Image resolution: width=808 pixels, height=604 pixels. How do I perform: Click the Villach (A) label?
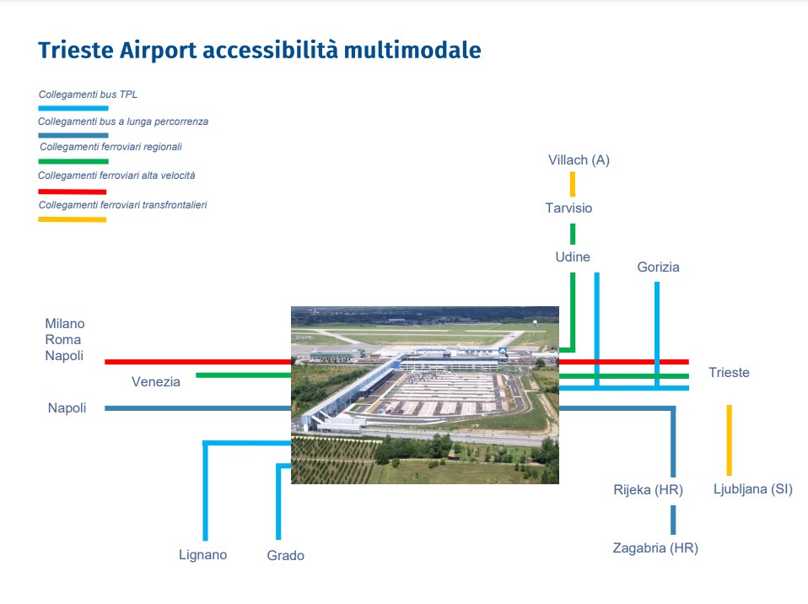(x=579, y=160)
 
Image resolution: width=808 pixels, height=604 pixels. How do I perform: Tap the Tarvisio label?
(x=569, y=208)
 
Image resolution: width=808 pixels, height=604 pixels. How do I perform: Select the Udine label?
(x=573, y=256)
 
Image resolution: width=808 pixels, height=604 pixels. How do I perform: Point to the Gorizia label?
(x=658, y=267)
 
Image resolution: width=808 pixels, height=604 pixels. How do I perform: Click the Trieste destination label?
(x=729, y=372)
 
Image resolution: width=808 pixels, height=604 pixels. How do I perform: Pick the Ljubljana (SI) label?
(x=753, y=489)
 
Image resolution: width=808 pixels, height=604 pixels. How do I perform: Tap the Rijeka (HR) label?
(x=649, y=489)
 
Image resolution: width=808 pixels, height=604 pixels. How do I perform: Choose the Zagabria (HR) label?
(x=655, y=547)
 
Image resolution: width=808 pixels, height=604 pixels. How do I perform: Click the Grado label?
(x=285, y=556)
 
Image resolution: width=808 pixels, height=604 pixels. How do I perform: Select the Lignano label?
(x=203, y=555)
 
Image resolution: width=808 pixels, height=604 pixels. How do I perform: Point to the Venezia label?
(x=156, y=382)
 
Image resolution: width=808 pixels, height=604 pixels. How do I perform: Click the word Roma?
(x=63, y=340)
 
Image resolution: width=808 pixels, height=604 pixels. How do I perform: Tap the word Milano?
(x=65, y=324)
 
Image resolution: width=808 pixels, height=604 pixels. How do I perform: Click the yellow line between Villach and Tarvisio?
(x=573, y=184)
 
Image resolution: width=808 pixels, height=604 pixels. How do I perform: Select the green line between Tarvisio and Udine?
(x=573, y=234)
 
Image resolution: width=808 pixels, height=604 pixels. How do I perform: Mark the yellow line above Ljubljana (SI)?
(x=730, y=440)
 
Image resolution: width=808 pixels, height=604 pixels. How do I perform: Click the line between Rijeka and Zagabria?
(x=673, y=520)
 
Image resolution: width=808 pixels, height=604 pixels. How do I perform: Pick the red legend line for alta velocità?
(x=73, y=191)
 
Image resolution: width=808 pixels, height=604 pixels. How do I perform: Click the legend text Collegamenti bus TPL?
(x=88, y=94)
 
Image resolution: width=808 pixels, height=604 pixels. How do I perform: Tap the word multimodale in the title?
(x=412, y=50)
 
